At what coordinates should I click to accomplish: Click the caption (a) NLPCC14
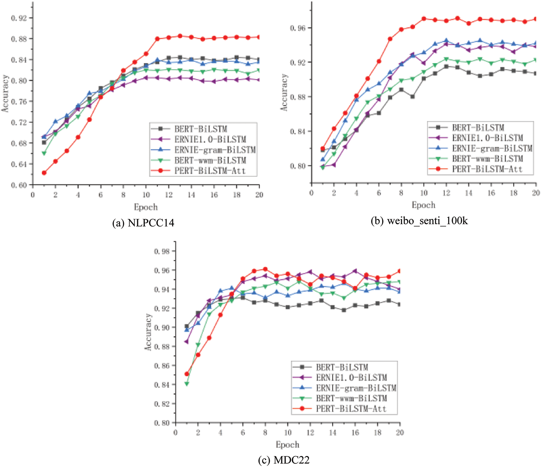coord(143,223)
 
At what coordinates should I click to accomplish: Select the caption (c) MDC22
coord(284,460)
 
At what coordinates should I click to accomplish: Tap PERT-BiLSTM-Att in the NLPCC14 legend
coord(210,171)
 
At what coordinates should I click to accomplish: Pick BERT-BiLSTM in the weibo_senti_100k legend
coord(478,128)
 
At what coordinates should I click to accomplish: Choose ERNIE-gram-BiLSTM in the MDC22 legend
coord(356,388)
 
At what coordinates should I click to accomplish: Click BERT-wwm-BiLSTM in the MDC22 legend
coord(351,398)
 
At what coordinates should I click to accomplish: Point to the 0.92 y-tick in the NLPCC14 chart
coord(19,18)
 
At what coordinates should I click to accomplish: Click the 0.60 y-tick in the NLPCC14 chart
coord(19,185)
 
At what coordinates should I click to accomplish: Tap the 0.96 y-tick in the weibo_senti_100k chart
coord(298,28)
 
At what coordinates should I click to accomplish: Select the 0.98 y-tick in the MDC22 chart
coord(162,252)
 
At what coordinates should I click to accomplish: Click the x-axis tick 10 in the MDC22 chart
coord(287,433)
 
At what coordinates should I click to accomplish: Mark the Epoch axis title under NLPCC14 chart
coord(146,207)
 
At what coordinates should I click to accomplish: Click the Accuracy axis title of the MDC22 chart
coord(148,332)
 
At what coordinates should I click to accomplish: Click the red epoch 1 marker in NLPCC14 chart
coord(44,173)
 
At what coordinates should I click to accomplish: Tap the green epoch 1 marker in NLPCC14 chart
coord(44,153)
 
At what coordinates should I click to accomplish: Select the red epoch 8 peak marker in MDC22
coord(265,269)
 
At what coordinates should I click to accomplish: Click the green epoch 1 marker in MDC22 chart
coord(187,384)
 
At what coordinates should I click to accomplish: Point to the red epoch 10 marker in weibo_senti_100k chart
coord(424,19)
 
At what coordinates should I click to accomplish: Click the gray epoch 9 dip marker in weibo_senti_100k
coord(412,97)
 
